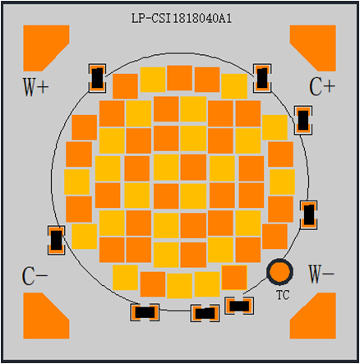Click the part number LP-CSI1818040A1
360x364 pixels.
[182, 19]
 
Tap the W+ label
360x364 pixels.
[35, 87]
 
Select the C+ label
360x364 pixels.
[322, 87]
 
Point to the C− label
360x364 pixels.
[35, 276]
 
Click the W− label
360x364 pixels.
[321, 274]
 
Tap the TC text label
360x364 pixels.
[283, 295]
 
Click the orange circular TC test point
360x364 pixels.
[279, 271]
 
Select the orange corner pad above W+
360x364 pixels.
[46, 48]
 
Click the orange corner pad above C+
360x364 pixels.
[313, 48]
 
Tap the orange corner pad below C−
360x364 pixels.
[46, 316]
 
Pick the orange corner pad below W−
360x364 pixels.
[313, 316]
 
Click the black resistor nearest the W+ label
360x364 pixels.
[97, 78]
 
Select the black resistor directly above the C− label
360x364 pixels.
[56, 240]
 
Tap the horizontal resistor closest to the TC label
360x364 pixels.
[239, 306]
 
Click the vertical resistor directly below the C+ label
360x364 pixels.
[303, 120]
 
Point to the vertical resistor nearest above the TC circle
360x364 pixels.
[309, 214]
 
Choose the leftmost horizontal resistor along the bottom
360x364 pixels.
[145, 312]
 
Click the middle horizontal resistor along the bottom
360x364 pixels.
[205, 313]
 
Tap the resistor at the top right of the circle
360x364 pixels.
[262, 78]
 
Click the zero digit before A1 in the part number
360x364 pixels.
[215, 19]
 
